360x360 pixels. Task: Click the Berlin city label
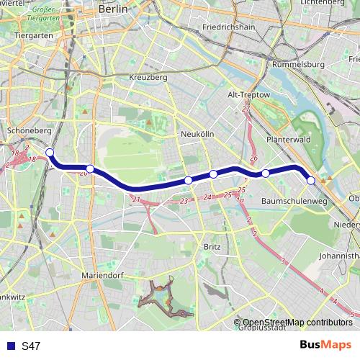[x=112, y=9]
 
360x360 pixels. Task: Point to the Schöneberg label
[x=28, y=130]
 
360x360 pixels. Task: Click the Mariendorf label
[x=104, y=274]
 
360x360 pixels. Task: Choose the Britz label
[x=212, y=246]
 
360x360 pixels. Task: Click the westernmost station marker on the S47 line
[x=50, y=152]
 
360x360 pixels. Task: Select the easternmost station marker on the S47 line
[x=311, y=180]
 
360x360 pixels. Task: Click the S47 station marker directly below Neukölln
[x=188, y=180]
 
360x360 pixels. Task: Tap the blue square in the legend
[x=10, y=346]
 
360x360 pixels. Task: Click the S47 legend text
[x=31, y=346]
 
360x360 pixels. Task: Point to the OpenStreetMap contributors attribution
[x=297, y=323]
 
